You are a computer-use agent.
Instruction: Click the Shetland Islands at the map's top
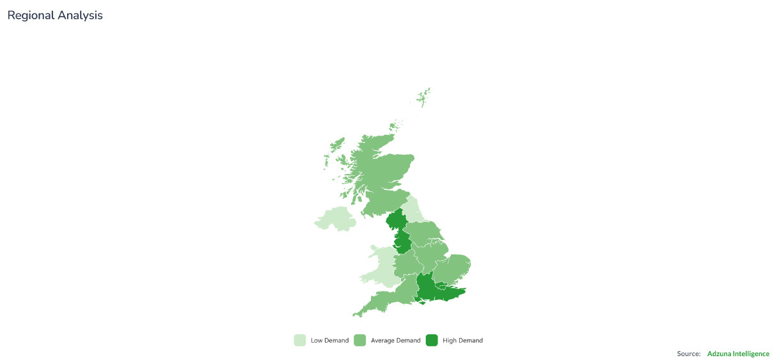coord(423,97)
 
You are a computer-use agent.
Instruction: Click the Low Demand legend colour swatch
coord(300,340)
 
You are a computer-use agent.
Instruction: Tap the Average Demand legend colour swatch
coord(359,340)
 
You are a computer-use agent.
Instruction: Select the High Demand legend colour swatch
coord(432,340)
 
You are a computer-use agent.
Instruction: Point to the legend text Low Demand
coord(330,341)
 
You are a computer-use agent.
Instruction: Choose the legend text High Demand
coord(462,341)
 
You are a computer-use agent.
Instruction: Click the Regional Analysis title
coord(55,15)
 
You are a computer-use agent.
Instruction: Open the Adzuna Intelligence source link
coord(738,354)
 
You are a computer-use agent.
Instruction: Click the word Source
coord(688,354)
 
